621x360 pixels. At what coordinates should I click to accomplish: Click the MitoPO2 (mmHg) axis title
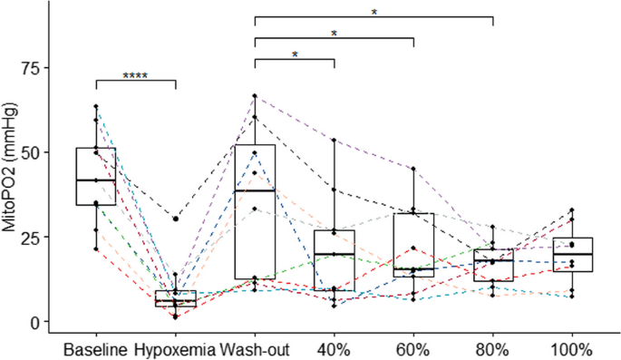pyautogui.click(x=11, y=194)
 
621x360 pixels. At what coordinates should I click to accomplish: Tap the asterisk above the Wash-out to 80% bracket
pyautogui.click(x=374, y=12)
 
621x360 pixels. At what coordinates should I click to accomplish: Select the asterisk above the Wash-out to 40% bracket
pyautogui.click(x=295, y=54)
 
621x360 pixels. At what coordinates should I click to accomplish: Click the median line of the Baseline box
pyautogui.click(x=95, y=180)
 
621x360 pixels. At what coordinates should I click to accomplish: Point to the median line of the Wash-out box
pyautogui.click(x=256, y=190)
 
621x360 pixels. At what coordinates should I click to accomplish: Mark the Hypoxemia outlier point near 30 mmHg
pyautogui.click(x=175, y=219)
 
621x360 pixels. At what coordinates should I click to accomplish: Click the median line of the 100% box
pyautogui.click(x=573, y=255)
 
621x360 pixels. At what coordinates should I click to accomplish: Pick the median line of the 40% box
pyautogui.click(x=335, y=254)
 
